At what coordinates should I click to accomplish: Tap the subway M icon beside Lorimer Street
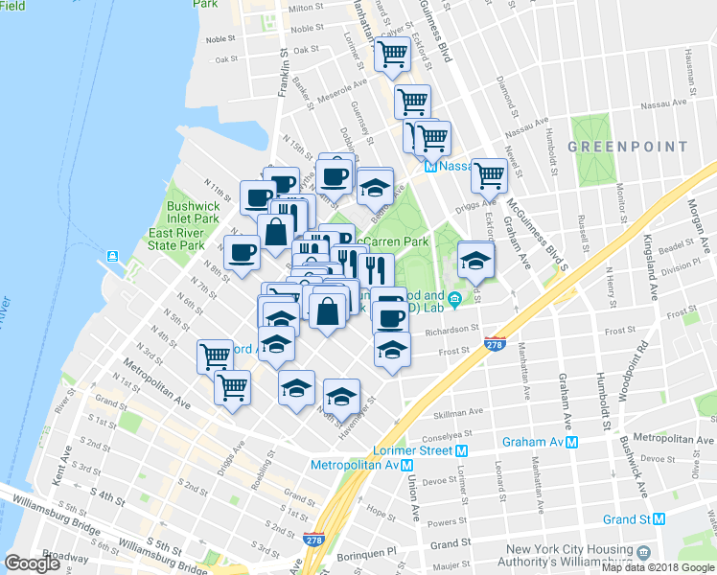461,450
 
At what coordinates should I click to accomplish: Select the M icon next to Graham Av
572,442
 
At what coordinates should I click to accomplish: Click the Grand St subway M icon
659,519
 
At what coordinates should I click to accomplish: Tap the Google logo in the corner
32,563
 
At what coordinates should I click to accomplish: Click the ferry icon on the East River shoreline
113,256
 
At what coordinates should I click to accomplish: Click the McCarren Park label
394,241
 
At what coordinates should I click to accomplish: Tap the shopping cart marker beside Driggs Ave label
489,175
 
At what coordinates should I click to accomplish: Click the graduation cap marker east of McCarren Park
475,260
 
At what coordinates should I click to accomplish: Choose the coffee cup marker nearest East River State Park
242,252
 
